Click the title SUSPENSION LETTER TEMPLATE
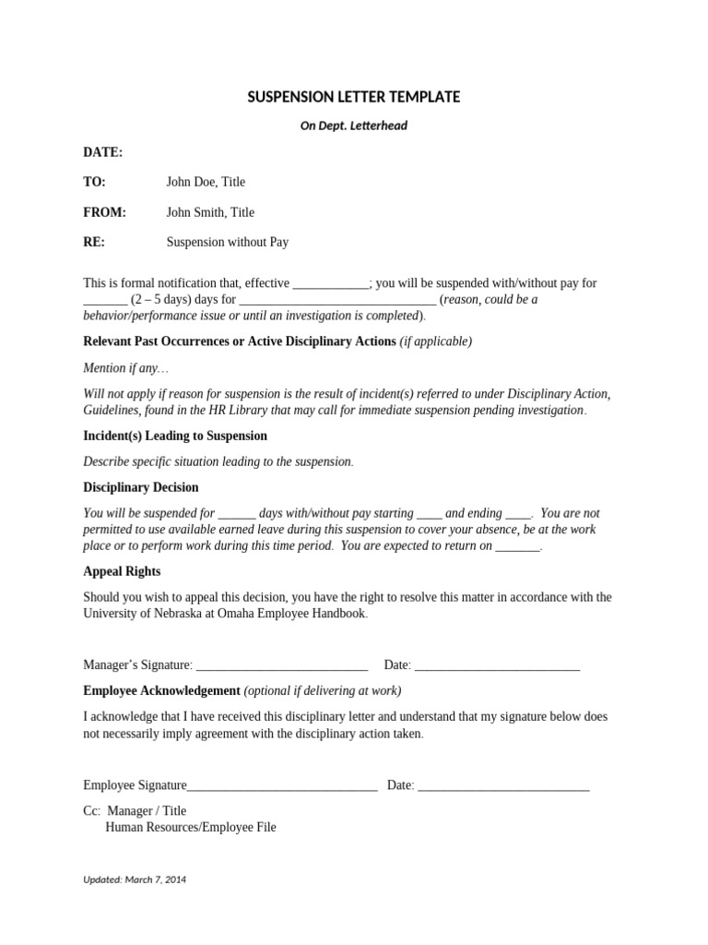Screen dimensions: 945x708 click(353, 97)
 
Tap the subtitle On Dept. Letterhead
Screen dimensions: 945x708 click(353, 126)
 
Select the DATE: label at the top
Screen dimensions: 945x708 click(102, 152)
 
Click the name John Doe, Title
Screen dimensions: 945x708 click(206, 182)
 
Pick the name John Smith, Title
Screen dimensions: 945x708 click(210, 212)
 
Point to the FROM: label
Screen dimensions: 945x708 click(104, 212)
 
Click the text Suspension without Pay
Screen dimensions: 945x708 click(228, 243)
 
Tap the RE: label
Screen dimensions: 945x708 click(94, 243)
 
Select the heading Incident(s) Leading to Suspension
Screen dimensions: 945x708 click(175, 436)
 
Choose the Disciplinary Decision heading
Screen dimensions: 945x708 click(141, 487)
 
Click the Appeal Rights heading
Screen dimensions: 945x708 click(122, 571)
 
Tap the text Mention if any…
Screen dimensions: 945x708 click(126, 368)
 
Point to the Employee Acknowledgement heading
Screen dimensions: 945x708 click(161, 690)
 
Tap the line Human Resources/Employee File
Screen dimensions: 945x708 click(191, 828)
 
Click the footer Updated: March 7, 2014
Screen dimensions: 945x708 click(135, 879)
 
